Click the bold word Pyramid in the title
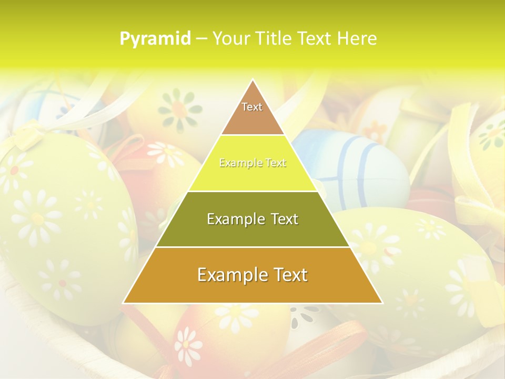point(155,38)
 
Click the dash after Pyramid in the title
point(201,39)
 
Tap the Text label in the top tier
point(252,107)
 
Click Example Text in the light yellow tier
point(252,163)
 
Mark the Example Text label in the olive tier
point(252,219)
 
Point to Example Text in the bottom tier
point(252,275)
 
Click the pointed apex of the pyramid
point(252,80)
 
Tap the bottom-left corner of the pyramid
point(124,302)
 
